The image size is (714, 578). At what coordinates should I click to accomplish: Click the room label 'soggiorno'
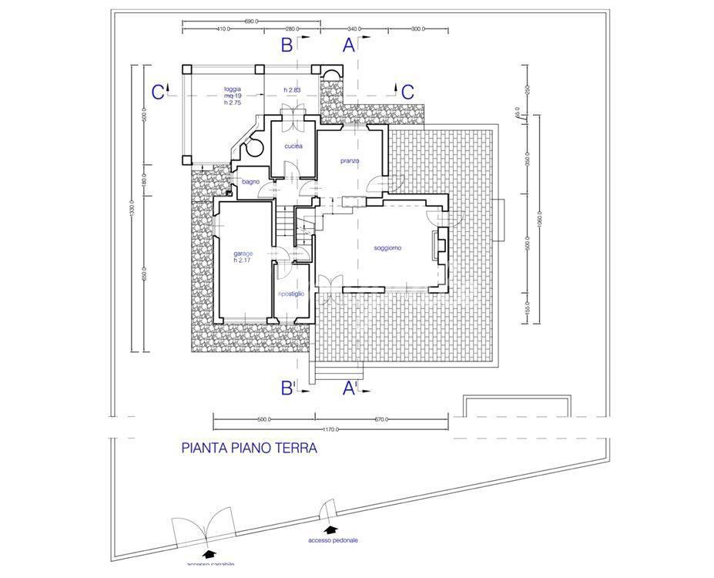pyautogui.click(x=388, y=247)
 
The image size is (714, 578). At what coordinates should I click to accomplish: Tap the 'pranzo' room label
pyautogui.click(x=351, y=160)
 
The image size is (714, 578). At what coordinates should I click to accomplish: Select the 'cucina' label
pyautogui.click(x=293, y=146)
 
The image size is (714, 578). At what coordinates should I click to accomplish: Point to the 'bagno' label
pyautogui.click(x=250, y=181)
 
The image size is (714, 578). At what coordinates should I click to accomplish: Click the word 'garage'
pyautogui.click(x=243, y=253)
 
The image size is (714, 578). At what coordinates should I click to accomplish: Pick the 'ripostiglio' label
pyautogui.click(x=291, y=294)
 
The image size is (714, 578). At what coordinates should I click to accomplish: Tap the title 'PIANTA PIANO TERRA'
pyautogui.click(x=249, y=447)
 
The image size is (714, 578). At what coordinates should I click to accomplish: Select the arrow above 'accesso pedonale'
pyautogui.click(x=330, y=529)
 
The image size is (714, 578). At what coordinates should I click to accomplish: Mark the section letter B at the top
pyautogui.click(x=287, y=45)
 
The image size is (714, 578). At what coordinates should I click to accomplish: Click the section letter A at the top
pyautogui.click(x=349, y=45)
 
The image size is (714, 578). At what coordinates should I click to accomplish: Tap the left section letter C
pyautogui.click(x=158, y=92)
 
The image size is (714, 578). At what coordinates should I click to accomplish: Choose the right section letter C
pyautogui.click(x=407, y=91)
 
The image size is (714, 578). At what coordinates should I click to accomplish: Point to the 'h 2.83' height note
pyautogui.click(x=291, y=90)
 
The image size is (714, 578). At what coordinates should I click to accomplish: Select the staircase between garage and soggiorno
pyautogui.click(x=287, y=223)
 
